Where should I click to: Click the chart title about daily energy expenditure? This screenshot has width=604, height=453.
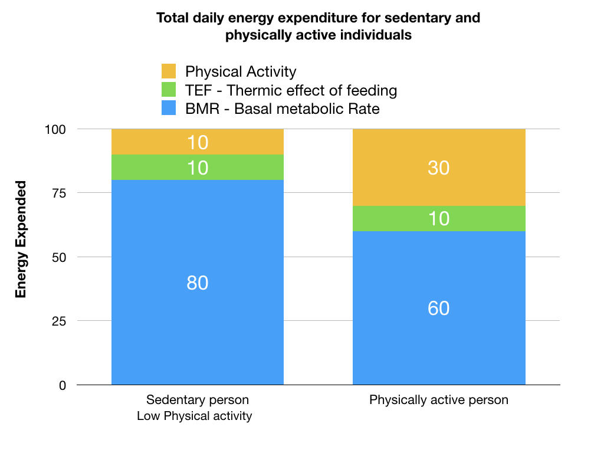click(x=319, y=26)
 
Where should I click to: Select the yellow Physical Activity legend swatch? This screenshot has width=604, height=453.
click(x=169, y=72)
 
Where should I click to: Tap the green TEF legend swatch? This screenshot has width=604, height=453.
click(x=169, y=90)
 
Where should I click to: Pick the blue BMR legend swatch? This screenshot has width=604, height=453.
click(x=169, y=109)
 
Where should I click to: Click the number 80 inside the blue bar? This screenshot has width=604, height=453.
click(x=198, y=283)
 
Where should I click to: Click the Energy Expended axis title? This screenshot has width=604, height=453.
click(x=21, y=239)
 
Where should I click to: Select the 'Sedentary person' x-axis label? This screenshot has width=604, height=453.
click(x=193, y=400)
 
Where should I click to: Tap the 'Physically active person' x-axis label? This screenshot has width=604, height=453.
click(x=438, y=400)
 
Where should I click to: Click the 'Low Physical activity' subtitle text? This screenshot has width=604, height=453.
click(x=194, y=416)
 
